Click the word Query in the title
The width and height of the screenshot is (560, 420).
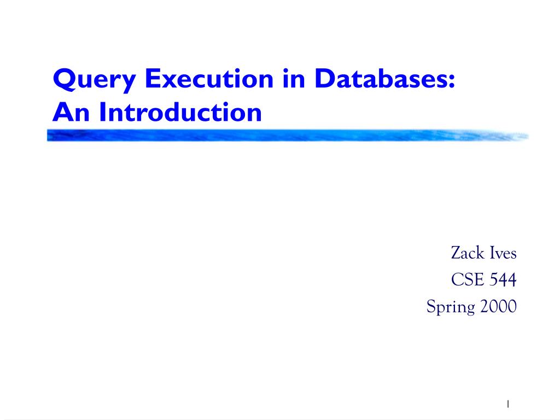(x=94, y=80)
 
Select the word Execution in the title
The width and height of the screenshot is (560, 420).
(x=209, y=78)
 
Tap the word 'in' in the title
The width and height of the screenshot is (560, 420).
(x=294, y=78)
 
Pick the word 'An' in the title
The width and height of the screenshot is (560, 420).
(x=71, y=112)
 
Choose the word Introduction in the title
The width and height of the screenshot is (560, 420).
(x=180, y=112)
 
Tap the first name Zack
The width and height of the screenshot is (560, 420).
(x=468, y=253)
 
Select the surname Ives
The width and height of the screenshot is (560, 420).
(x=503, y=253)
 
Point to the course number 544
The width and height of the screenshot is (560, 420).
(x=503, y=279)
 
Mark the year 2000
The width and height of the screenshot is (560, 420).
(x=499, y=306)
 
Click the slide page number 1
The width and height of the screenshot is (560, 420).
(x=508, y=404)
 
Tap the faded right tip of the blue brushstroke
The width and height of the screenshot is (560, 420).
(x=527, y=136)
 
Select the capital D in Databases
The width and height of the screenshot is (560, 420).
(x=326, y=78)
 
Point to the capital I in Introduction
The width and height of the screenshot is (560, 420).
(x=102, y=112)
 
